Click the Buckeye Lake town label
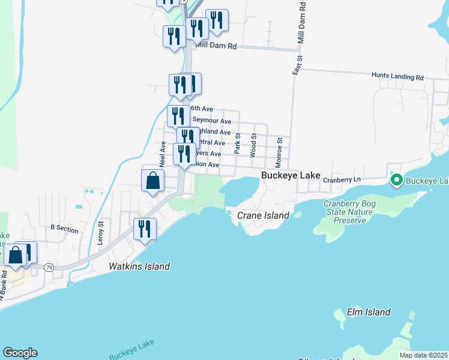[290, 175]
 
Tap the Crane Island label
[263, 215]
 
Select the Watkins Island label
[139, 266]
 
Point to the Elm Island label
[369, 312]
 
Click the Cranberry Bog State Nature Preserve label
[354, 212]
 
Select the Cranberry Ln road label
[341, 179]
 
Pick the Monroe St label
[279, 152]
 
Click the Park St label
[238, 143]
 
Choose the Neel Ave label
[162, 154]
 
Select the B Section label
[64, 228]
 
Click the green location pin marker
[396, 179]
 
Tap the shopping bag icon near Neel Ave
[152, 181]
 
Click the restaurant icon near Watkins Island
[145, 229]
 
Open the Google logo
[20, 353]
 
